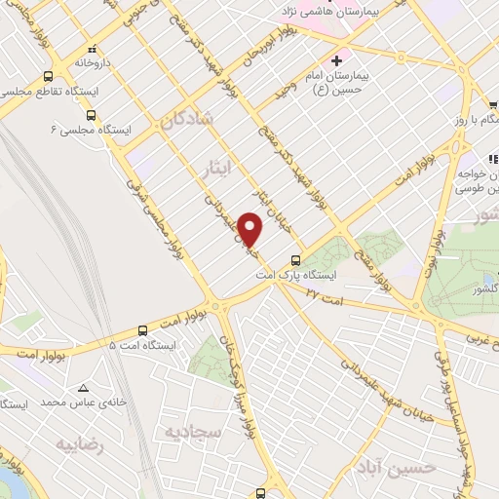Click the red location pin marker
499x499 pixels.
point(251,230)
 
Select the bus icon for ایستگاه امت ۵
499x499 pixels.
point(143,329)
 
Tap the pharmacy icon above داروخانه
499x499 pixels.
point(93,49)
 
